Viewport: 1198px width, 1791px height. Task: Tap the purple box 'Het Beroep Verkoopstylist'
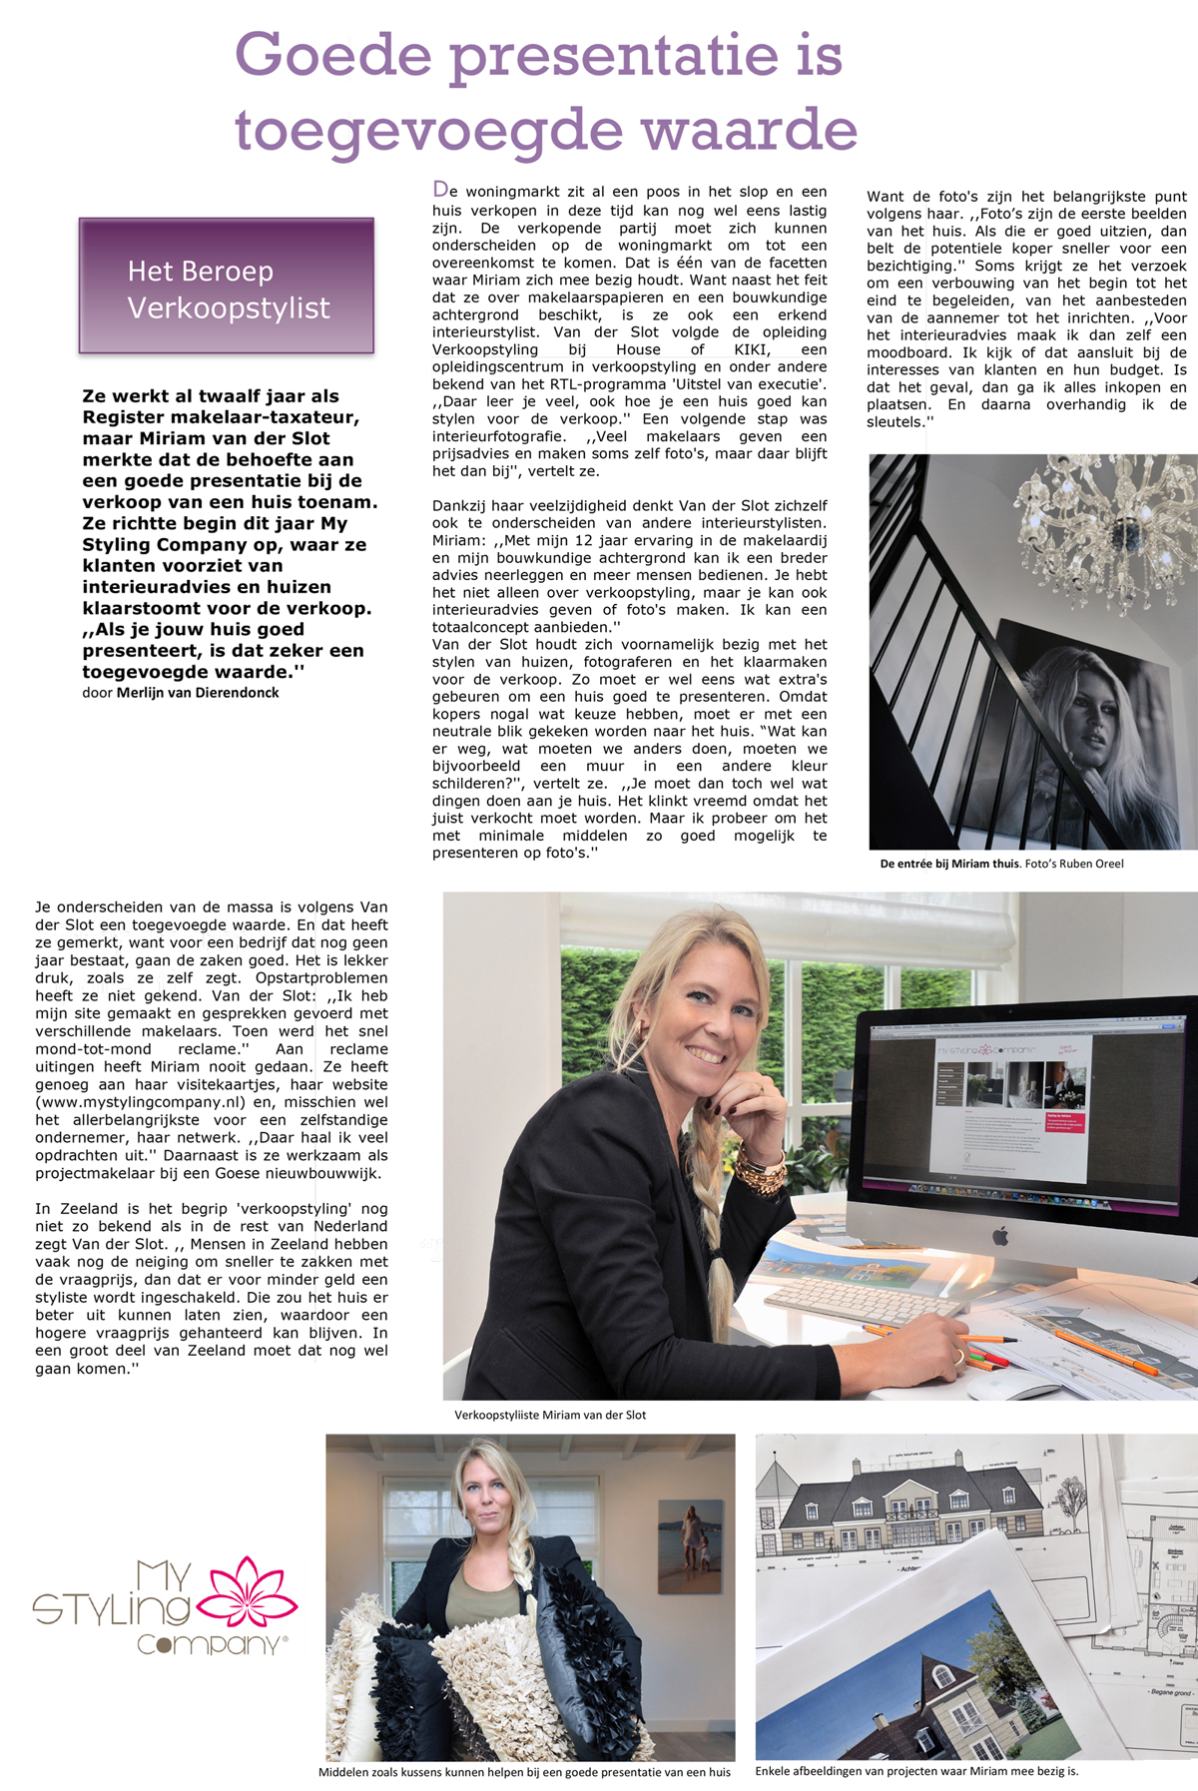(x=227, y=287)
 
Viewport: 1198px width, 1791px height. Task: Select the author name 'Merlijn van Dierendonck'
(x=198, y=693)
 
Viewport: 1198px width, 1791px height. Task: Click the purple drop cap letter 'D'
(x=439, y=190)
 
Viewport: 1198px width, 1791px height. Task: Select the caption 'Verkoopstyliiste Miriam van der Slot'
(x=550, y=1415)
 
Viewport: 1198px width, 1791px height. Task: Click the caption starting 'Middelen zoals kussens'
(x=524, y=1772)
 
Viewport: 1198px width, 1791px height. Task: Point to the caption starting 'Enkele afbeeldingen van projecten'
(x=916, y=1771)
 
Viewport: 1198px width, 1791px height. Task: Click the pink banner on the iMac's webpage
(x=1065, y=1122)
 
